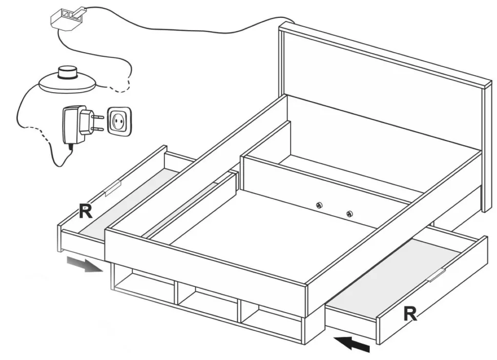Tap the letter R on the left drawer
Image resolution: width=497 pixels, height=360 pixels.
[x=86, y=211]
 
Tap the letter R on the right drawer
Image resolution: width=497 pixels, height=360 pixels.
[x=410, y=313]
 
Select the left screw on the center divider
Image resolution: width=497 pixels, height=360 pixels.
[x=319, y=205]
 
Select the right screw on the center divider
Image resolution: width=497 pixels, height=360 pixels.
[x=349, y=214]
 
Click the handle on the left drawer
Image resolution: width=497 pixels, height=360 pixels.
[x=112, y=188]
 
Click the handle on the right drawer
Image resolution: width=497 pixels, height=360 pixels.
[x=437, y=275]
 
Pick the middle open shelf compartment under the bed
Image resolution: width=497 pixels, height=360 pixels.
[x=208, y=300]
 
